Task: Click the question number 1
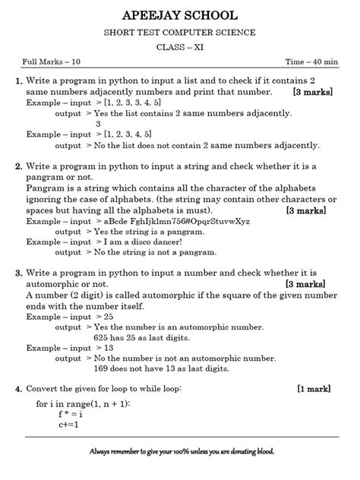coord(17,81)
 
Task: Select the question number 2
coord(17,166)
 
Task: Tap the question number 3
coord(17,271)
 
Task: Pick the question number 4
coord(17,389)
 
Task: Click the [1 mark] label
coord(314,389)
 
